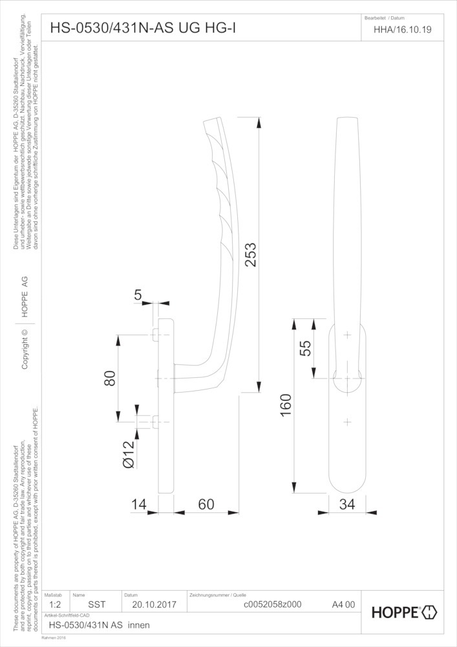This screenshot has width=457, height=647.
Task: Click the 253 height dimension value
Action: (251, 255)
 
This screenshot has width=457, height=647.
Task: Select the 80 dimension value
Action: (110, 378)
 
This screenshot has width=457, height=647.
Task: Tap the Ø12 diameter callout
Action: (129, 454)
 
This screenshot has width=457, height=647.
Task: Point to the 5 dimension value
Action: (138, 294)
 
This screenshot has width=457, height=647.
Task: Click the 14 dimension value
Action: (139, 504)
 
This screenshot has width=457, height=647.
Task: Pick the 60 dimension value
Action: (206, 504)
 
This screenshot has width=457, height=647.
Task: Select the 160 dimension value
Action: (286, 405)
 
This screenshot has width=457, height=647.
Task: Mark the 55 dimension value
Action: (305, 348)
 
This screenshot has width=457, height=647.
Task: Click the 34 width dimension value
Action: (347, 504)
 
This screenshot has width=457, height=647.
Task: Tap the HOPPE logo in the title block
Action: (405, 612)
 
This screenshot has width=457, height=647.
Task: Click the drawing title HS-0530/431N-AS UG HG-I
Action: (143, 28)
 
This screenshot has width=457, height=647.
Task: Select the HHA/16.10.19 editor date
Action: (403, 30)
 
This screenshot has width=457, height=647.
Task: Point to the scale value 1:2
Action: (55, 604)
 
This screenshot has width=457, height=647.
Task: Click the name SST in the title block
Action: (97, 604)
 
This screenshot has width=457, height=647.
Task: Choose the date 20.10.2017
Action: (154, 604)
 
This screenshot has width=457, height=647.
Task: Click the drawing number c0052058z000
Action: (273, 604)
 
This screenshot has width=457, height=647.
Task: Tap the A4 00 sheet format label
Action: (343, 604)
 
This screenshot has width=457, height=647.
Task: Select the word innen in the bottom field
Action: (139, 625)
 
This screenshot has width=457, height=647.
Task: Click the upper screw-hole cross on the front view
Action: (347, 334)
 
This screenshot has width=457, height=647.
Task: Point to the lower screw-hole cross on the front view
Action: (347, 422)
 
